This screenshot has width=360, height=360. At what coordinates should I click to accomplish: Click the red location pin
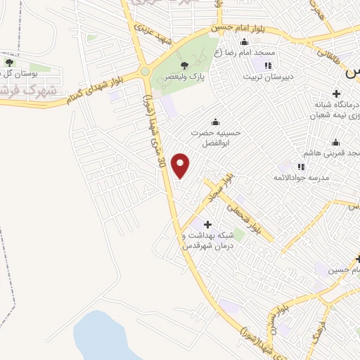tap(181, 166)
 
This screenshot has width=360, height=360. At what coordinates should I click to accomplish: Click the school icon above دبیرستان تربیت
tap(267, 66)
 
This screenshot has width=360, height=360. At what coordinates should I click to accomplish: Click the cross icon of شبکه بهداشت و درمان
tap(207, 224)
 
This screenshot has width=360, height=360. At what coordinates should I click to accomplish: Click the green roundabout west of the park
tap(145, 72)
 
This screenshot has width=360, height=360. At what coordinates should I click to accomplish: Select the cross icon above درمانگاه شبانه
tap(336, 93)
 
